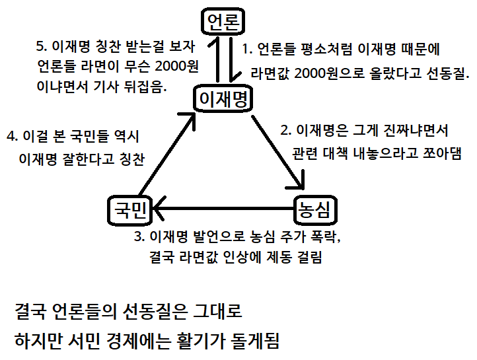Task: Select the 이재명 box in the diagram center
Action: tap(223, 100)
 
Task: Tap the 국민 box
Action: tap(129, 210)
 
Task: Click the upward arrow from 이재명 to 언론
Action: tap(215, 62)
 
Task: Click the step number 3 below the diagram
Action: tap(138, 236)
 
